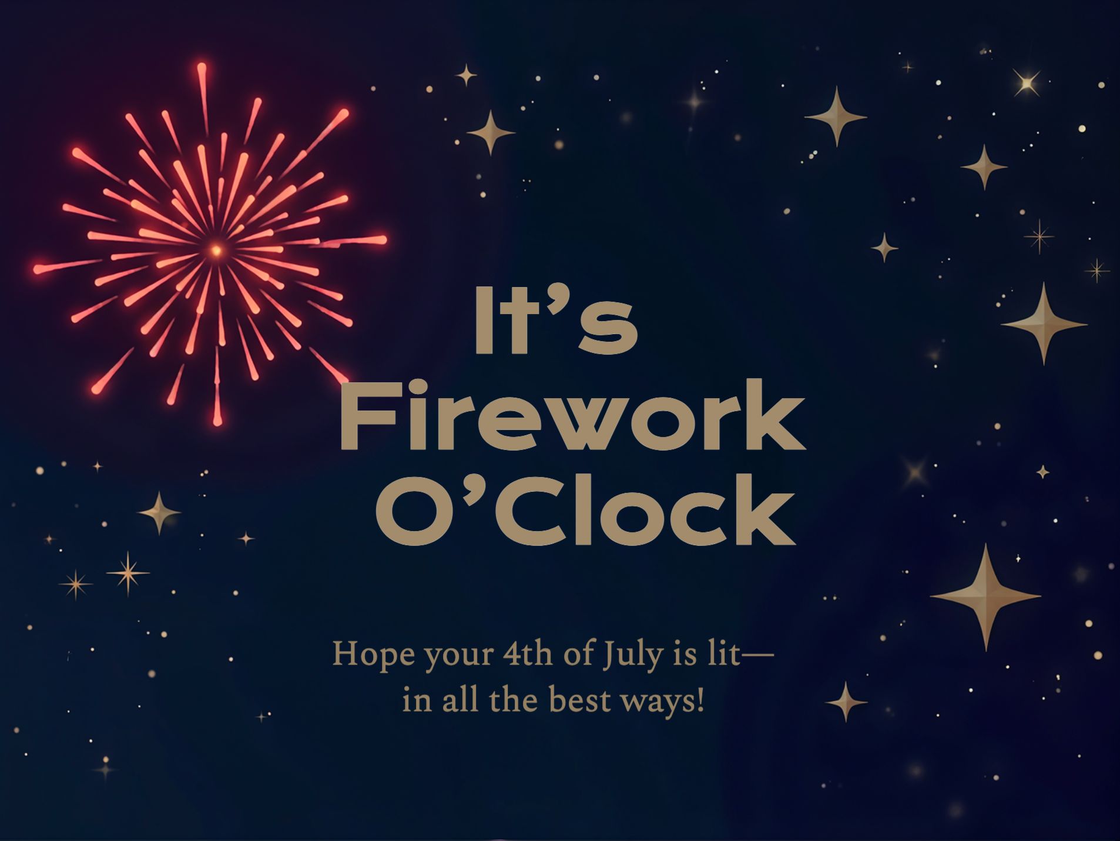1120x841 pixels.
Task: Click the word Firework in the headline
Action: pyautogui.click(x=572, y=416)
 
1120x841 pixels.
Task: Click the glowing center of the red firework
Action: pyautogui.click(x=216, y=251)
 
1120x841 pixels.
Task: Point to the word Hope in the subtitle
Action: pyautogui.click(x=365, y=654)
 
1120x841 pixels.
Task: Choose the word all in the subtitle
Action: pyautogui.click(x=459, y=700)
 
